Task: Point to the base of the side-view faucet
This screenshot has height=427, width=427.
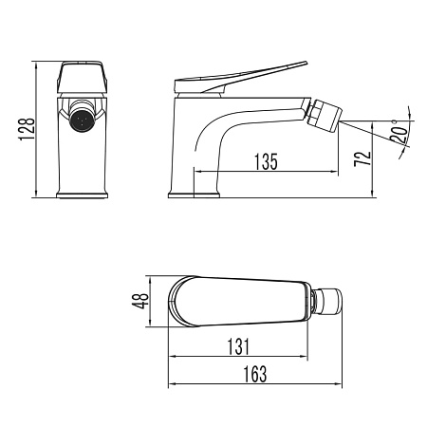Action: (x=194, y=195)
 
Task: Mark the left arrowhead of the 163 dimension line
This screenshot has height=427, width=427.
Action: (x=171, y=385)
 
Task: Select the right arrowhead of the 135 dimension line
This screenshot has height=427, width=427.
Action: (x=335, y=173)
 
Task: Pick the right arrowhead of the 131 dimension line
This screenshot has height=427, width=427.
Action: (x=310, y=359)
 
